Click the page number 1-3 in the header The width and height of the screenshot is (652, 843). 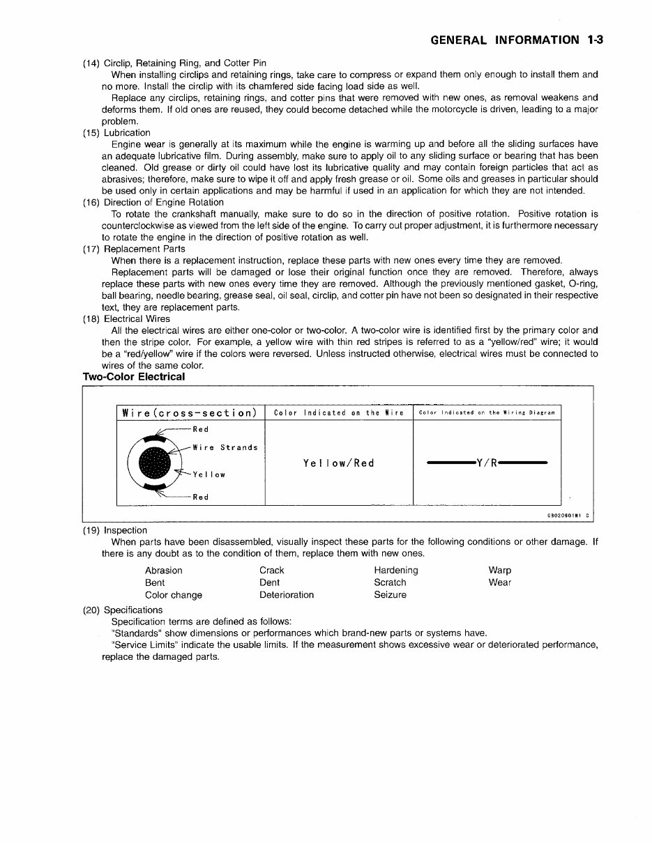coord(595,40)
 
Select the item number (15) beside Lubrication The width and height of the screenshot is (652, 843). coord(91,132)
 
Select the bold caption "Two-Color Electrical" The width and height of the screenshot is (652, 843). coord(134,377)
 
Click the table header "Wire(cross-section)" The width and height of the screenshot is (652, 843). coord(190,412)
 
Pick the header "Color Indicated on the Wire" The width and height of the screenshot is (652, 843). coord(339,413)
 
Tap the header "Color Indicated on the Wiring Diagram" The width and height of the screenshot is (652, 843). coord(487,413)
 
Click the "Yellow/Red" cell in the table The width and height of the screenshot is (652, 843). coord(339,463)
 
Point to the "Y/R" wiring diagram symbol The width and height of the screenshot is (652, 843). coord(487,463)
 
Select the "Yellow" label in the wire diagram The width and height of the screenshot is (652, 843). coord(209,474)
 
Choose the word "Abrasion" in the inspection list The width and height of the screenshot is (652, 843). coord(164,570)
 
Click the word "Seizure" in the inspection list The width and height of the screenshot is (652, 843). coord(390,595)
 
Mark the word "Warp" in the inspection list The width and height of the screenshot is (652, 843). coord(500,570)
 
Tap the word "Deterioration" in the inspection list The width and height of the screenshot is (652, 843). coord(287,595)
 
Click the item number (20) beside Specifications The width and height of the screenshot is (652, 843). coord(91,610)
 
